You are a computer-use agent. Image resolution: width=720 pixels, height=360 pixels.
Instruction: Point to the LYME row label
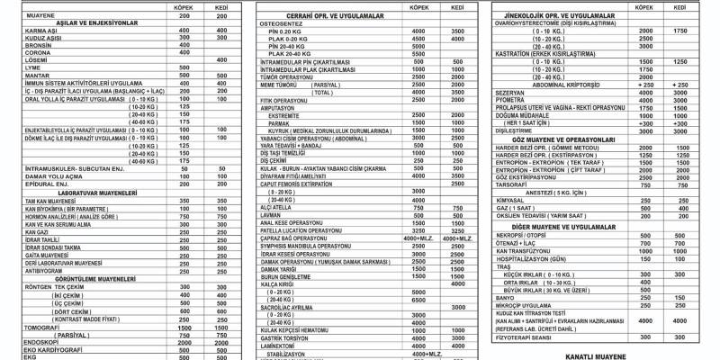pyautogui.click(x=12, y=66)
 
